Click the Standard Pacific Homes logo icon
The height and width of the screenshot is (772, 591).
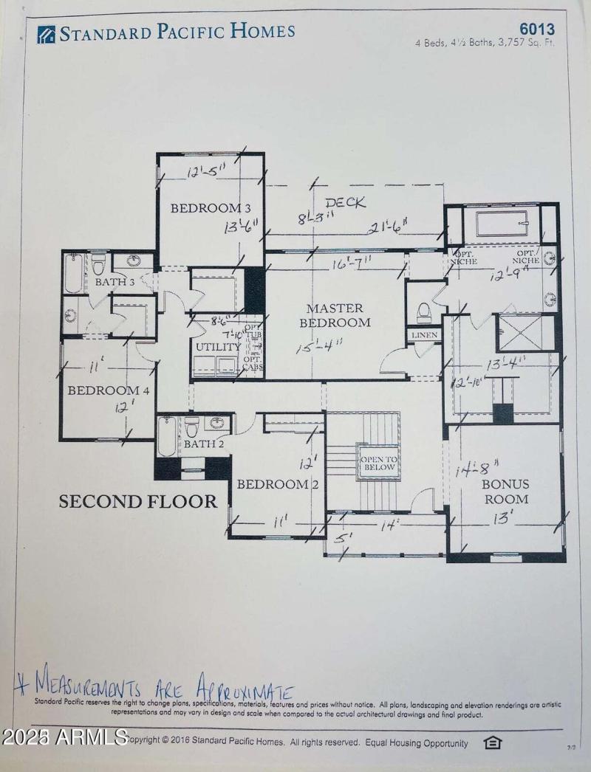46,34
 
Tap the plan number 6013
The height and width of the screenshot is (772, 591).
539,29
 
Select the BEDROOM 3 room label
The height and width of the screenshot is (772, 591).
206,208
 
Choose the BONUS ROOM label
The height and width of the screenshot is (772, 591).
505,492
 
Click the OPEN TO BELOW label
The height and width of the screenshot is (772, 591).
378,463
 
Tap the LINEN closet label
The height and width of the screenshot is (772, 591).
424,335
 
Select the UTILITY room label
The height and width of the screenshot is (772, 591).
218,346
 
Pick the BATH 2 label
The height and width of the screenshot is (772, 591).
204,444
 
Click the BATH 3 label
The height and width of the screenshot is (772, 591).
115,282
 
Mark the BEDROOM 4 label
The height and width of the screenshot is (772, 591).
109,390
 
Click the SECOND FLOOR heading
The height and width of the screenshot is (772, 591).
138,502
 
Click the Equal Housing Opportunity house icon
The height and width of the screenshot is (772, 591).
492,742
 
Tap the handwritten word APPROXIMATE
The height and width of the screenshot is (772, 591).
244,692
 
